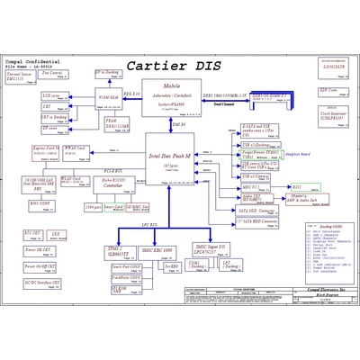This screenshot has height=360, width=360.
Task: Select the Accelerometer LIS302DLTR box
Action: click(332, 67)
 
